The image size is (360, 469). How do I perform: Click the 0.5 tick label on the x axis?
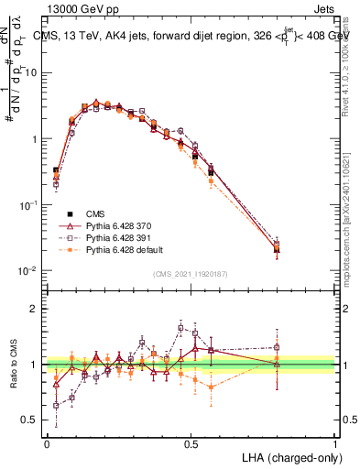click(x=191, y=442)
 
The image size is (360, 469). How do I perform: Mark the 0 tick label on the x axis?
click(x=47, y=442)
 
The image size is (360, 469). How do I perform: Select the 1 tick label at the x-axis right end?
click(x=335, y=442)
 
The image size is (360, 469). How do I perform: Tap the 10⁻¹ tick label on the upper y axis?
click(x=29, y=205)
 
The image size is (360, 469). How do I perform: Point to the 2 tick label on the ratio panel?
click(x=35, y=309)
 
